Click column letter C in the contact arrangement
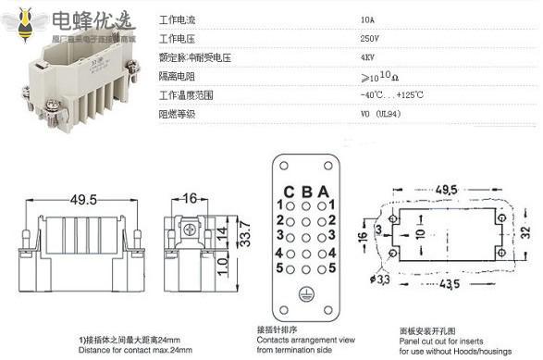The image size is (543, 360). tap(289, 192)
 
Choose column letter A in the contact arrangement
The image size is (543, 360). tap(321, 192)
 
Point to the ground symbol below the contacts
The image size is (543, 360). tap(305, 297)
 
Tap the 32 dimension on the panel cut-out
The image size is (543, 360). tap(525, 230)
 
